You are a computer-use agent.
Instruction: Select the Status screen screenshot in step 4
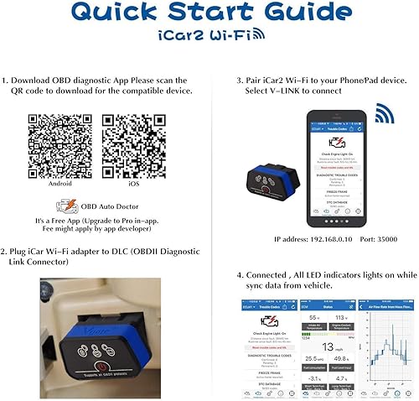(316, 346)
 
